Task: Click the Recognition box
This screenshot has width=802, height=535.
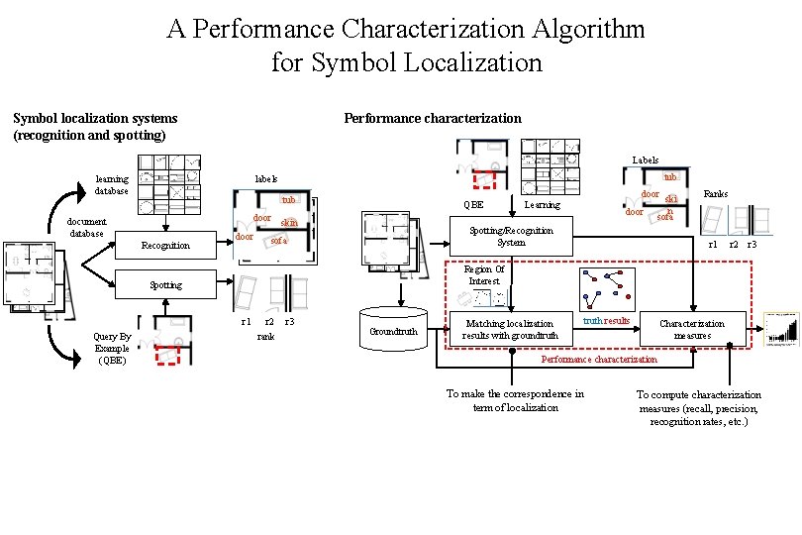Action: [x=165, y=245]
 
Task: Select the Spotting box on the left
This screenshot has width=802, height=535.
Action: [x=165, y=285]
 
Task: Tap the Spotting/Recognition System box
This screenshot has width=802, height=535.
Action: [x=511, y=236]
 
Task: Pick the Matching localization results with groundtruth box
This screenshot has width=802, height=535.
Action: [x=511, y=330]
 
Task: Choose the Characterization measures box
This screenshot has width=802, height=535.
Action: [x=692, y=330]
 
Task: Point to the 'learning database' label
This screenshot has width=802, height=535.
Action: [x=112, y=184]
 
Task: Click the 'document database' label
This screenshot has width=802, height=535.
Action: [x=86, y=228]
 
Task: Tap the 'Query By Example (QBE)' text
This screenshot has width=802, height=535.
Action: [x=112, y=349]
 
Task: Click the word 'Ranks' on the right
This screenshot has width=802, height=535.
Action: [x=716, y=194]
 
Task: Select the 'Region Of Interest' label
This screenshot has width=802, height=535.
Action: [x=484, y=274]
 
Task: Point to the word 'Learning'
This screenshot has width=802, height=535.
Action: [x=542, y=205]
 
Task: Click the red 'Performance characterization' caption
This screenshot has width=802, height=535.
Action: [x=599, y=360]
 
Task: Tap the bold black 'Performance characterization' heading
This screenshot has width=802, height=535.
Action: [x=432, y=118]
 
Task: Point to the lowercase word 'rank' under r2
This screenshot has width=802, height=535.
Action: [x=265, y=337]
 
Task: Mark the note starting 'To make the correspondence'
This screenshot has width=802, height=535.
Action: [x=515, y=400]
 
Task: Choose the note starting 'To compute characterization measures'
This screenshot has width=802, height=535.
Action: [x=698, y=407]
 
